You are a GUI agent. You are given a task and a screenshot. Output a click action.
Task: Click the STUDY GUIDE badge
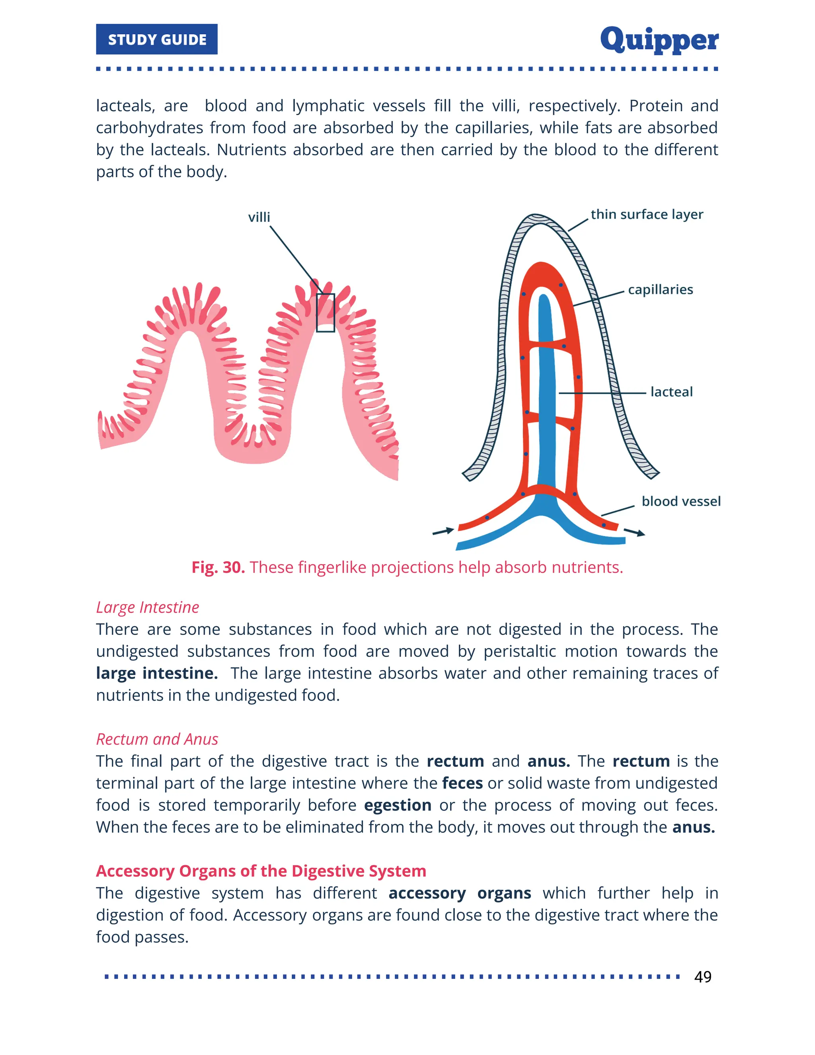click(157, 39)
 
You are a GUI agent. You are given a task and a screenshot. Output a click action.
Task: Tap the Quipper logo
click(659, 39)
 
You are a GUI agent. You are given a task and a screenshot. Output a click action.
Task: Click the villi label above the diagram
click(259, 217)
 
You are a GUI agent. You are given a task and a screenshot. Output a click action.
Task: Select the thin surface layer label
click(647, 214)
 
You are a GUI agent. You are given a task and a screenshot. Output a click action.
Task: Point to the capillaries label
click(660, 289)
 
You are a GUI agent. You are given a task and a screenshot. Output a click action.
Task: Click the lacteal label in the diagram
click(671, 392)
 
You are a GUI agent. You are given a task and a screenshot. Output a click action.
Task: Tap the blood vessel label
click(681, 501)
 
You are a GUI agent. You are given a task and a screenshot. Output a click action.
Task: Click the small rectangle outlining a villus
click(326, 313)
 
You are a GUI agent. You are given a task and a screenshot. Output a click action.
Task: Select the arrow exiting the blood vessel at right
click(634, 532)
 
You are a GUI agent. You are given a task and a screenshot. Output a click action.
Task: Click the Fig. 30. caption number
click(218, 567)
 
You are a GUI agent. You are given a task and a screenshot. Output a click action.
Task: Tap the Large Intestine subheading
click(147, 607)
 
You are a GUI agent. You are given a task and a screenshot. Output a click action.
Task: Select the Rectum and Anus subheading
click(157, 739)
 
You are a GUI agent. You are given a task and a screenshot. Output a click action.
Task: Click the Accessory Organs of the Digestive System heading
click(261, 871)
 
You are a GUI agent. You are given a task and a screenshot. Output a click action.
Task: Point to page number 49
click(702, 977)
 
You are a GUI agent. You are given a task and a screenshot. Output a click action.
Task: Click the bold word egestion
click(398, 805)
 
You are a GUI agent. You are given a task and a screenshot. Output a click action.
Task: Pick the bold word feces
click(462, 783)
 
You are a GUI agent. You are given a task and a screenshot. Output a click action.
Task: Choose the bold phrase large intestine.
click(156, 673)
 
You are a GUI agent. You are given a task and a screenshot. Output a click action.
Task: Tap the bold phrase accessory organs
click(460, 893)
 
